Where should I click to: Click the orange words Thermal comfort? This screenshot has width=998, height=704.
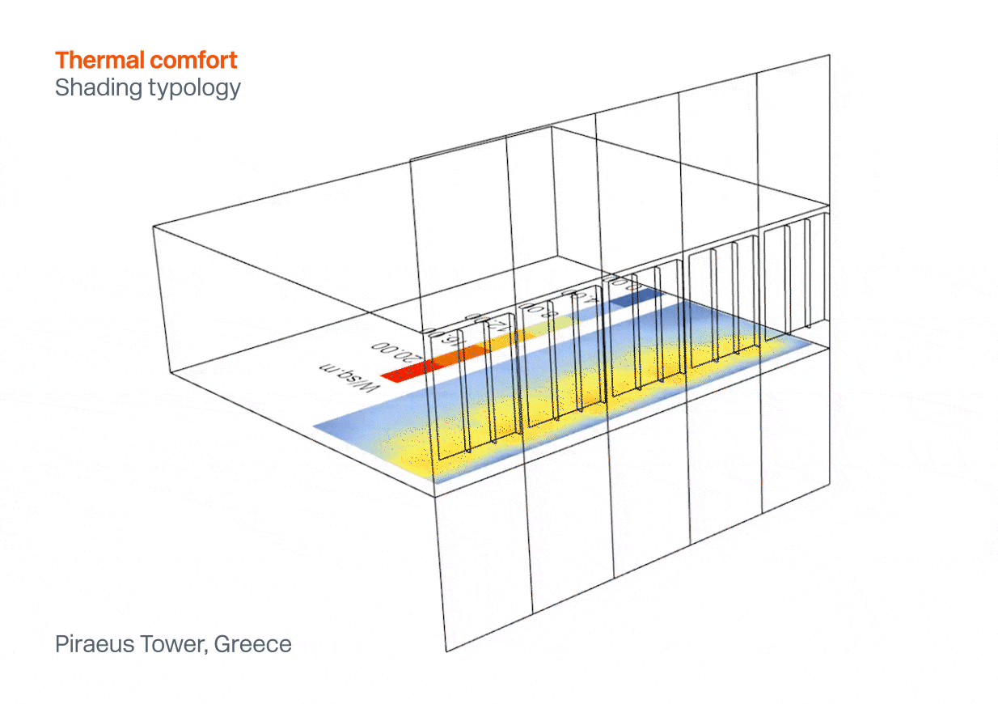(146, 60)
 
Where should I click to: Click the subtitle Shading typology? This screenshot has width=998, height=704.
(147, 87)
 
